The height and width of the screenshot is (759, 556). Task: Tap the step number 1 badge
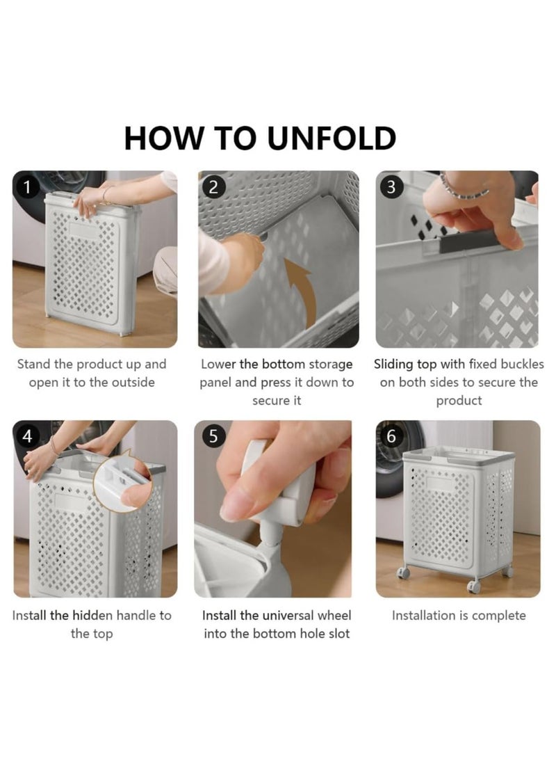pyautogui.click(x=28, y=187)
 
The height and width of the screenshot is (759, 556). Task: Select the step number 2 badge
pyautogui.click(x=213, y=187)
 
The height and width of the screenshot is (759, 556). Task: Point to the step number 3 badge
pyautogui.click(x=391, y=187)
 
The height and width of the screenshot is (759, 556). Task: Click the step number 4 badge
pyautogui.click(x=28, y=436)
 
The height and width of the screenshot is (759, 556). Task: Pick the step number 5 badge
pyautogui.click(x=213, y=436)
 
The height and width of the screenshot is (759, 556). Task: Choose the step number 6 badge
pyautogui.click(x=391, y=436)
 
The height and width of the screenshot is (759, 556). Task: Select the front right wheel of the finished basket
pyautogui.click(x=474, y=586)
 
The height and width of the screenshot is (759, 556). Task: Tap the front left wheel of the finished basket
pyautogui.click(x=404, y=573)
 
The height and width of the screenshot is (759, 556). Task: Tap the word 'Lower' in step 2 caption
pyautogui.click(x=218, y=364)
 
